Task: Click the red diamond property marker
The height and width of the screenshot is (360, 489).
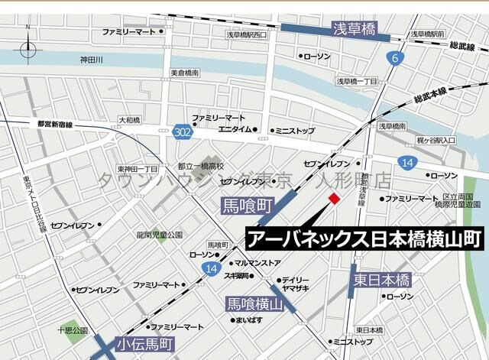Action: coord(334,199)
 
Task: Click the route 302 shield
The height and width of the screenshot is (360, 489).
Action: coord(182,132)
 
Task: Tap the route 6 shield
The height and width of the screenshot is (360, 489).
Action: coord(395,59)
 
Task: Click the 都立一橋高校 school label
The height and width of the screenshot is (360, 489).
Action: coord(201,166)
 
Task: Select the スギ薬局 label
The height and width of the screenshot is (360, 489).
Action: coord(237,275)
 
